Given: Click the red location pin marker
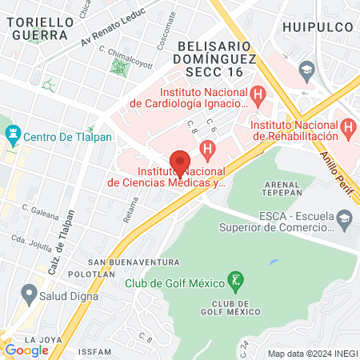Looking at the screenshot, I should pos(180,163).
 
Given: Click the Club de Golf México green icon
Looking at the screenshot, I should pos(235,280).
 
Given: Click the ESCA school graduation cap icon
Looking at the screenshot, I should pos(343,217).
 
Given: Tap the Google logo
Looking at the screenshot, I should pos(26,350).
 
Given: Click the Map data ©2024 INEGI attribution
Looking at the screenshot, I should pos(312,353).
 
